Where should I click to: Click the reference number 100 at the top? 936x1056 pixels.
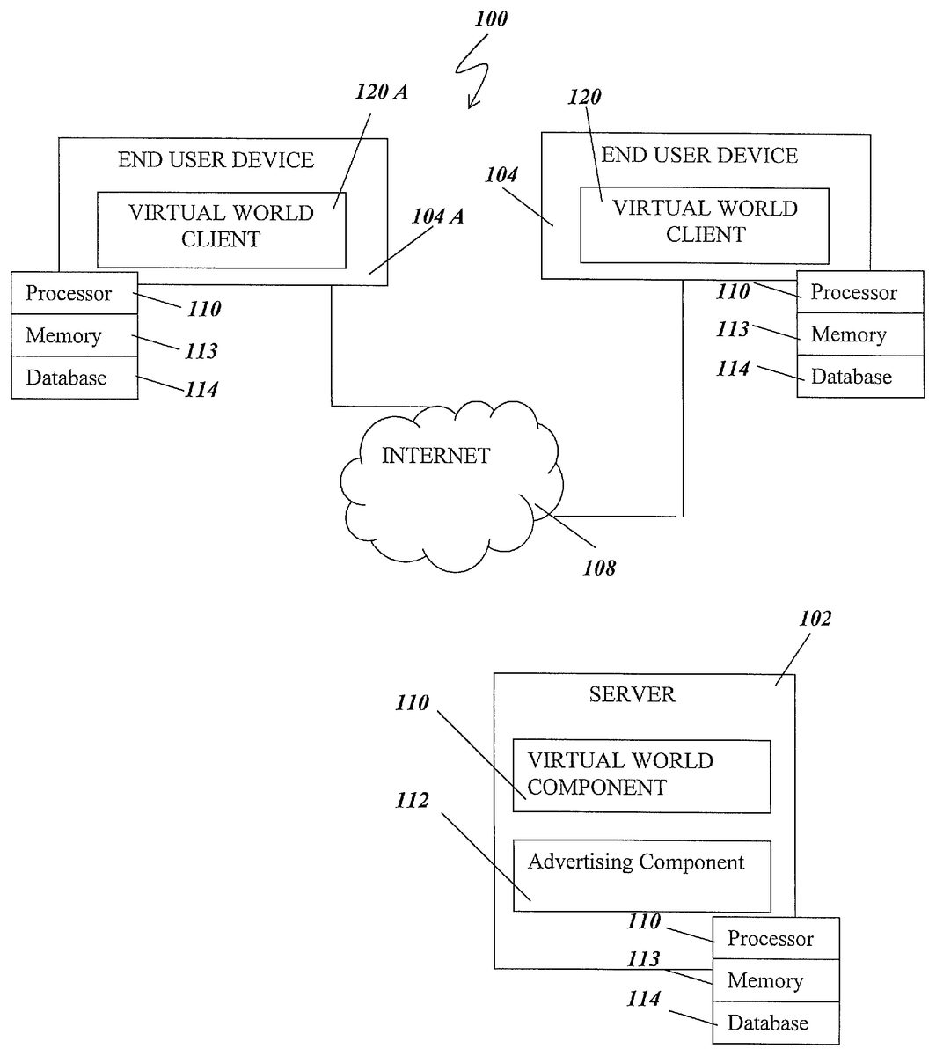tap(490, 18)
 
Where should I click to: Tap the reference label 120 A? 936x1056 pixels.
tap(381, 92)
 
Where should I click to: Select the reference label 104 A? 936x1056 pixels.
tap(437, 216)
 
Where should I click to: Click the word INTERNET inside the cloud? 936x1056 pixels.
tap(435, 456)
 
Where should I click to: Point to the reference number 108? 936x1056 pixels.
tap(599, 568)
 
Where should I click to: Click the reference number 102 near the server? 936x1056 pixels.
tap(815, 618)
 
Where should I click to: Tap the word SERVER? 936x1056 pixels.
tap(633, 694)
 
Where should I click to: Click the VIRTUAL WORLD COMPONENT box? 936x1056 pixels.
tap(641, 776)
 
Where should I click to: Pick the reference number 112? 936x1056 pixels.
tap(412, 800)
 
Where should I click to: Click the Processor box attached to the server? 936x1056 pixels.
tap(776, 938)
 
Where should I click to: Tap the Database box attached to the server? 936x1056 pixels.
tap(776, 1023)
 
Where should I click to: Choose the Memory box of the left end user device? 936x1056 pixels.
tap(75, 335)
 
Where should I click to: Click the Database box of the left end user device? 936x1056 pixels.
tap(75, 378)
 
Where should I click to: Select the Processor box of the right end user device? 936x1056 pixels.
tap(860, 292)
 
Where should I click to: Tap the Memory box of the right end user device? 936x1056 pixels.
tap(860, 334)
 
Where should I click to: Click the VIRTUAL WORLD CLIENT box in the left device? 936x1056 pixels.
tap(222, 230)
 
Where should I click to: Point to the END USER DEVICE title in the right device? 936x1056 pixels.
tap(699, 156)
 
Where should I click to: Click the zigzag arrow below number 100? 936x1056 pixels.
tap(473, 72)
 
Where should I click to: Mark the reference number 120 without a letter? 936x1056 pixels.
tap(584, 97)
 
